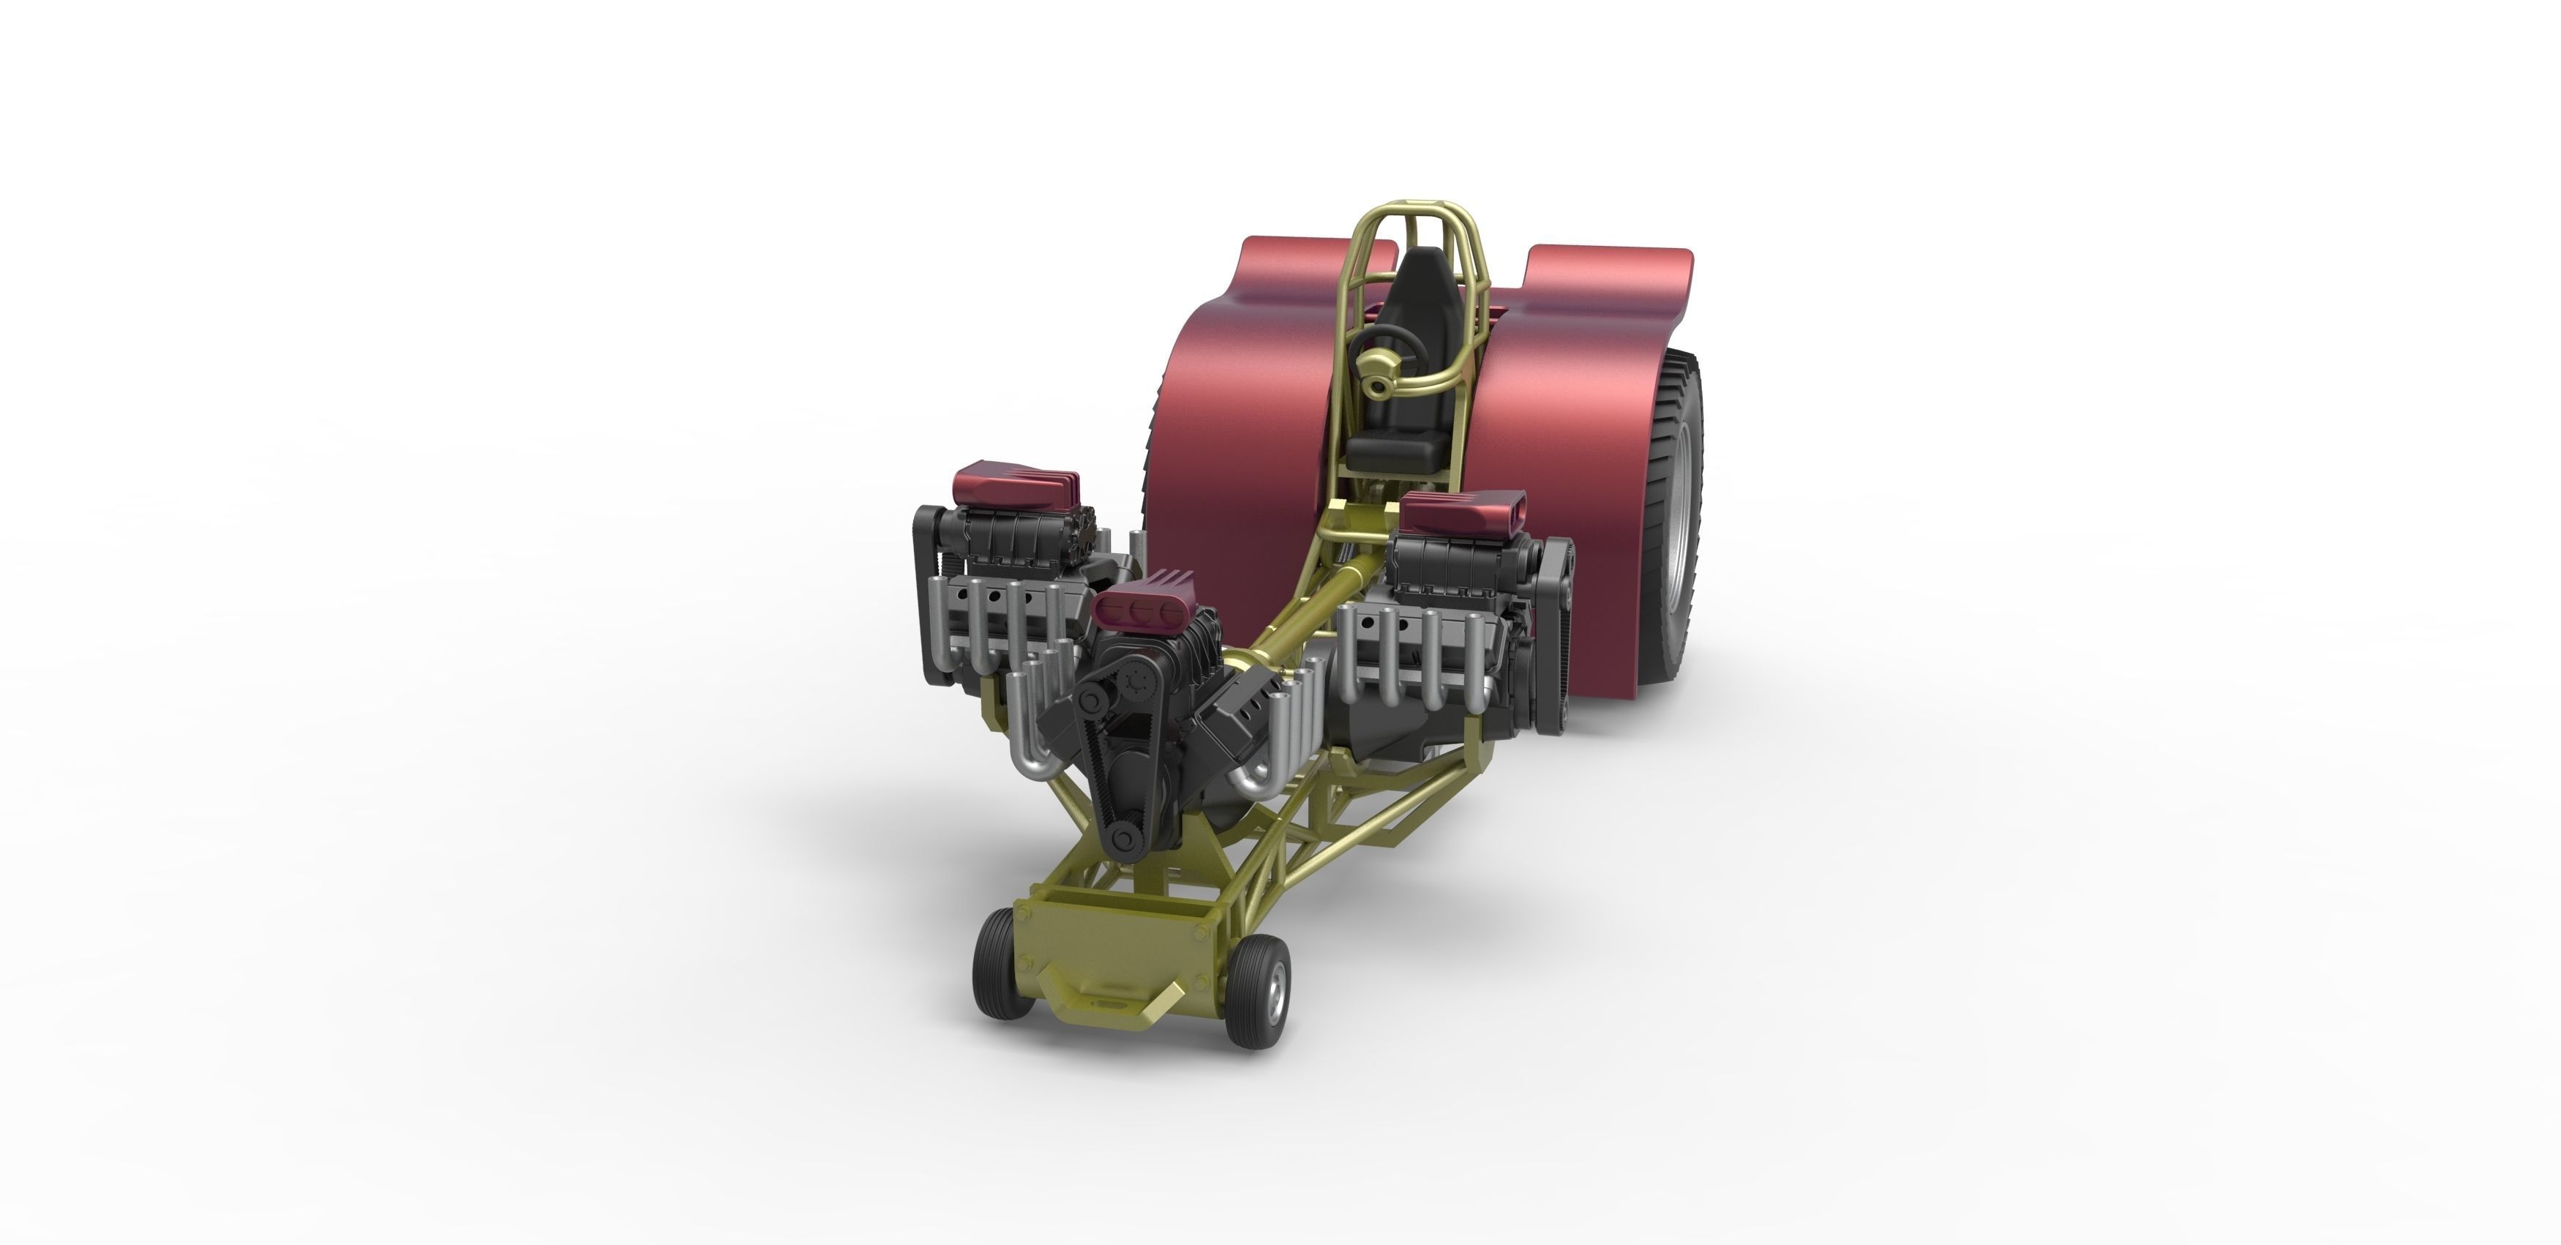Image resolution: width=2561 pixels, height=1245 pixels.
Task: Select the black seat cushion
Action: point(1392,452)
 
